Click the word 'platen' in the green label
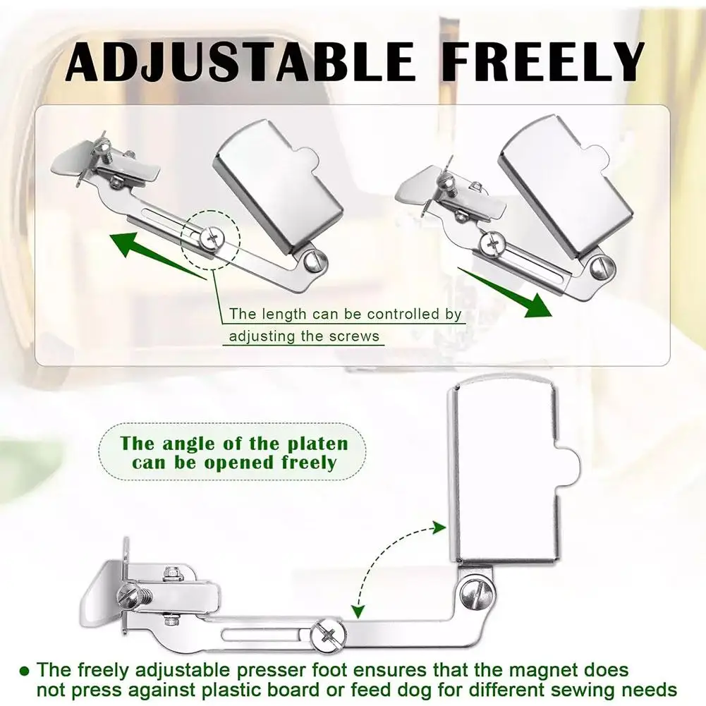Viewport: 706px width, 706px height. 320,444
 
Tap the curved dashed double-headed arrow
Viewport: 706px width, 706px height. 384,564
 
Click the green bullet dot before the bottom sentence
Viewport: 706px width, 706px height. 25,669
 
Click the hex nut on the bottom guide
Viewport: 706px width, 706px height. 171,575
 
